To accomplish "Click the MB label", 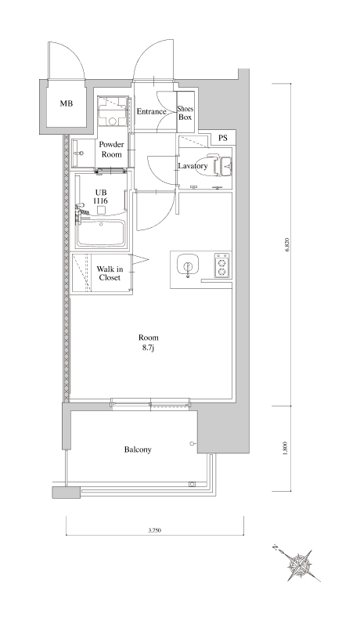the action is [x=66, y=104].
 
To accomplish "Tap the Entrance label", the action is [x=151, y=112].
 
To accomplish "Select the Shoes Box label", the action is [x=185, y=113].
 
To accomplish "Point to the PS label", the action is [x=223, y=139].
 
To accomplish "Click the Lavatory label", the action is [x=193, y=166].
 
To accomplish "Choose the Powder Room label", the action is [x=111, y=150].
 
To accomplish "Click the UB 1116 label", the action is [x=101, y=197].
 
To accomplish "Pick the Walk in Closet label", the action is [x=110, y=273].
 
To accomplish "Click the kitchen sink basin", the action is [x=187, y=265].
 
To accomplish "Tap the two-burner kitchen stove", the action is [x=221, y=265].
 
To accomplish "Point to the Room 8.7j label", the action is [x=149, y=342].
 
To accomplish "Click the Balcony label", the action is [x=138, y=450].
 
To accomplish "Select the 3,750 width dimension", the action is [x=154, y=530].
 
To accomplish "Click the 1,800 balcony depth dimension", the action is [x=287, y=448].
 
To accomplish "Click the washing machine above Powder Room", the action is [x=113, y=111].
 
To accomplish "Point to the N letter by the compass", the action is [x=275, y=548].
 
